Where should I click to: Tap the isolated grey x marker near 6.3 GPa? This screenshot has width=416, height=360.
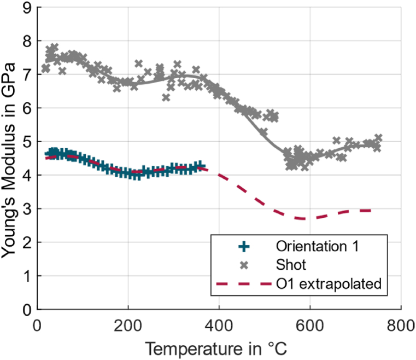[166, 98]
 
